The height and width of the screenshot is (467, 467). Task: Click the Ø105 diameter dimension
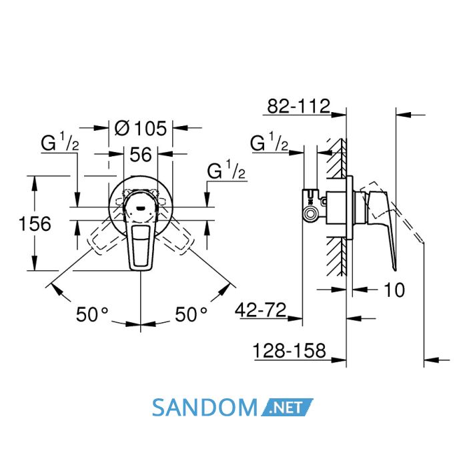point(141,129)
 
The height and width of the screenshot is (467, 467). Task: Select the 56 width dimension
point(141,155)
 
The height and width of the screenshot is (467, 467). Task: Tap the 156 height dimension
point(35,223)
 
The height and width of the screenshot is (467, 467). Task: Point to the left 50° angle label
point(92,314)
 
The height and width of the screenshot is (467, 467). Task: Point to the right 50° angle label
point(191,314)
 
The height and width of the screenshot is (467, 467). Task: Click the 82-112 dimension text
point(299,106)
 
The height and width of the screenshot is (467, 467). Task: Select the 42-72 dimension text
point(261,310)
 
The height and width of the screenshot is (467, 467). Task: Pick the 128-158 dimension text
point(289,350)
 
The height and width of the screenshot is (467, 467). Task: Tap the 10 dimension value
point(395,290)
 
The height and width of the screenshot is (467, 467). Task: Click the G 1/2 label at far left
point(60,141)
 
